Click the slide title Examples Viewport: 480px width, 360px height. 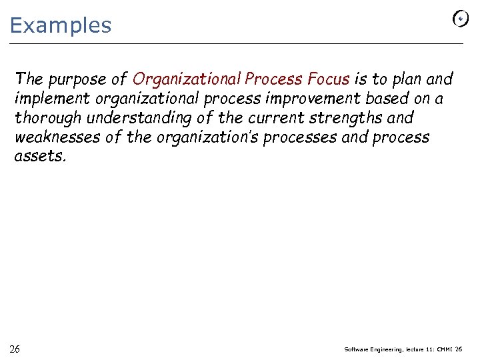[61, 25]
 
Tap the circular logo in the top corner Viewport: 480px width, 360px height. [460, 19]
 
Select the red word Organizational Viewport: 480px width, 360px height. [187, 79]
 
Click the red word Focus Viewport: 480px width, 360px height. [328, 79]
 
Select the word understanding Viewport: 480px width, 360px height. [134, 118]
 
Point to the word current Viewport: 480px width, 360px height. [267, 118]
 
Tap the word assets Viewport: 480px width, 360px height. [40, 157]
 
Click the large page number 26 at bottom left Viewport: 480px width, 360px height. [15, 349]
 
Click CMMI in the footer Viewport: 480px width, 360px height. [443, 349]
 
